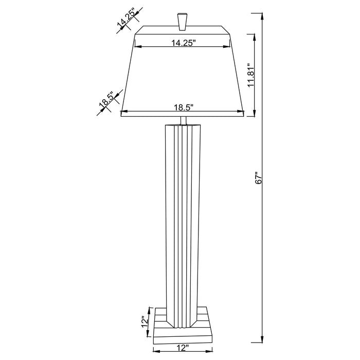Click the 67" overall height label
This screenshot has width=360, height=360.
tap(260, 178)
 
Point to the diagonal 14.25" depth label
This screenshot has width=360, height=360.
tap(127, 20)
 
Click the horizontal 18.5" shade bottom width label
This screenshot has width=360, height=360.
tap(183, 107)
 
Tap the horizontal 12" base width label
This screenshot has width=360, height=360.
tap(182, 348)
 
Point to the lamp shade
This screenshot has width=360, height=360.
tap(182, 77)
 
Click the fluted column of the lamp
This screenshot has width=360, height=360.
tap(182, 216)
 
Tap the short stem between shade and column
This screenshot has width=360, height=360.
tap(183, 121)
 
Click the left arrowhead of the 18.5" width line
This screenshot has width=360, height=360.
tap(122, 112)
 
